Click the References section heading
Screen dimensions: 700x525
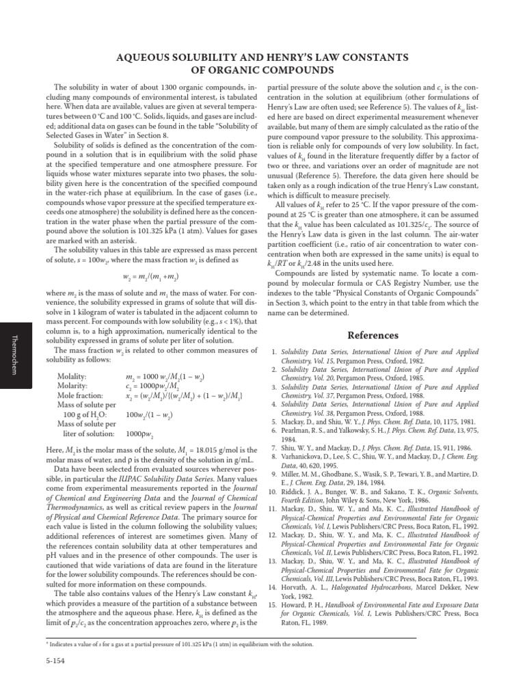[373, 336]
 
